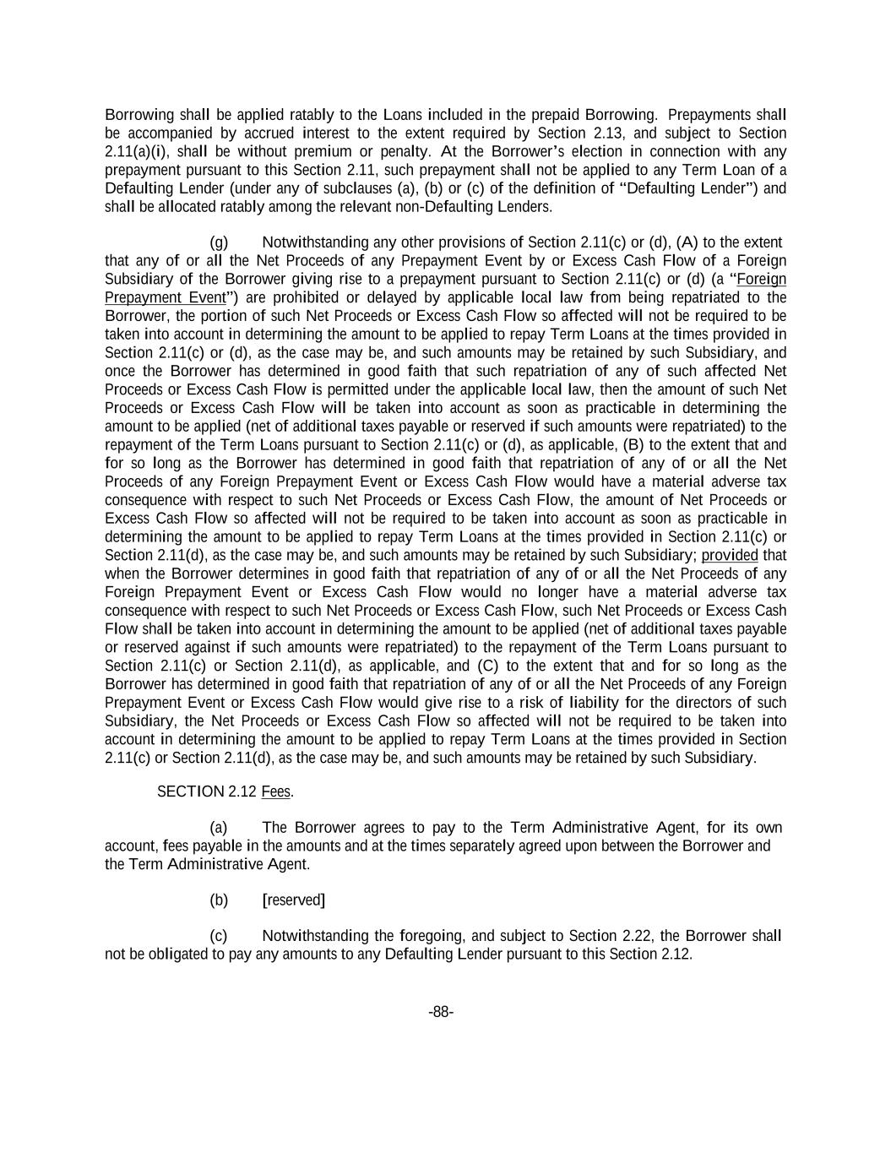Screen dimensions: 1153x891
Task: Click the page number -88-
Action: (441, 1012)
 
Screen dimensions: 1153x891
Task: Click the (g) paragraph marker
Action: (219, 242)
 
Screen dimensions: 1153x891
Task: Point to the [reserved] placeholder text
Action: (294, 900)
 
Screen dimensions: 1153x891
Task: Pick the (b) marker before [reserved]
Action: (219, 900)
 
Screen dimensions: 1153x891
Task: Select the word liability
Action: (598, 703)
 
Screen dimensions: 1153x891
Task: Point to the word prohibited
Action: (292, 298)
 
